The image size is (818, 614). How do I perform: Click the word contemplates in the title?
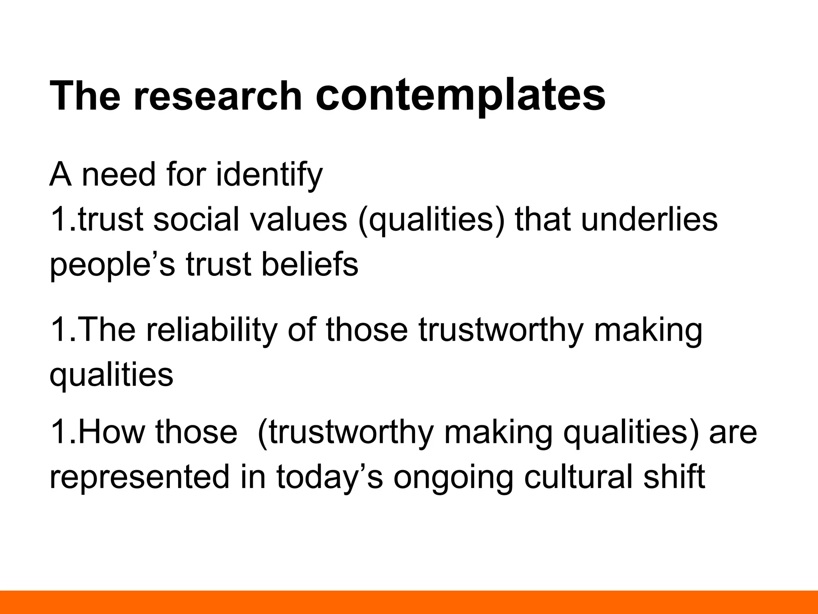(x=460, y=96)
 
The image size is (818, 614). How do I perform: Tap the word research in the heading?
(x=217, y=96)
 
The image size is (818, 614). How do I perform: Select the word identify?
(x=269, y=175)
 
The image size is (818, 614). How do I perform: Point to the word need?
(x=118, y=175)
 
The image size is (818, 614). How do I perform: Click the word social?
(x=196, y=219)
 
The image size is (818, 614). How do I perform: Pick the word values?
(x=298, y=219)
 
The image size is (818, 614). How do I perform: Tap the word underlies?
(x=649, y=219)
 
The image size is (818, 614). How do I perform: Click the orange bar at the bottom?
(x=409, y=602)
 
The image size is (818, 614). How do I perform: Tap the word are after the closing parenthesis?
(x=733, y=433)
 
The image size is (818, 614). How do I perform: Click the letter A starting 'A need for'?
(x=60, y=175)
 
